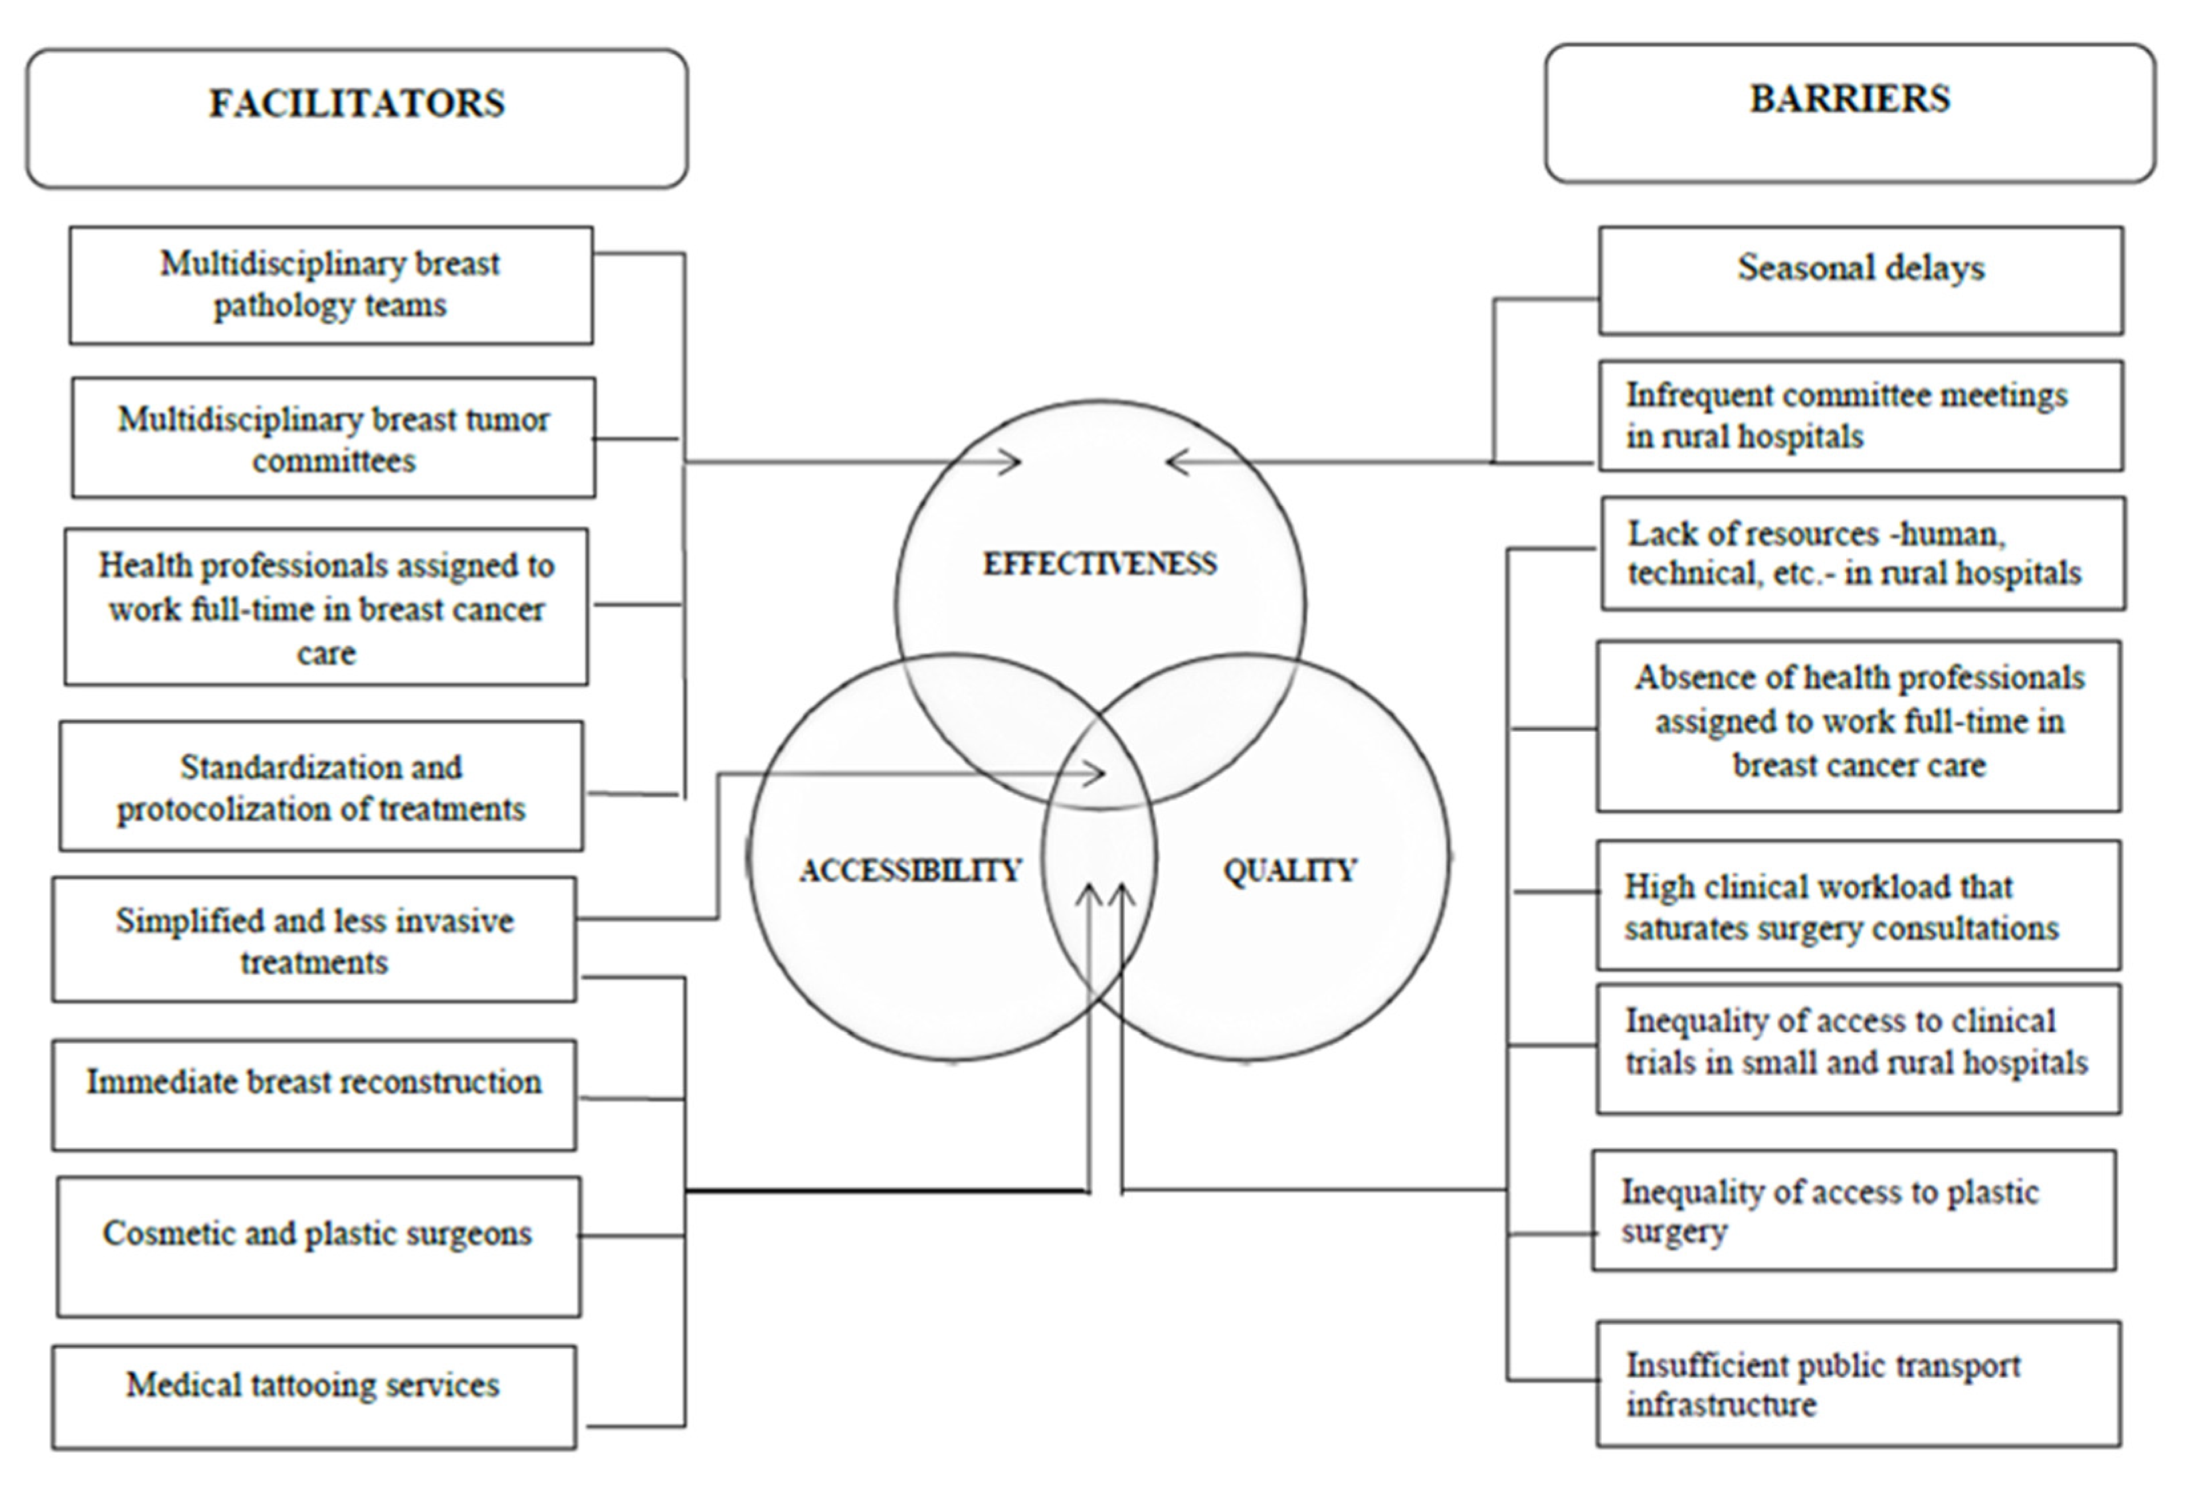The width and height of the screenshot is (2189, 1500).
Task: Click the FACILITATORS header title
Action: [x=356, y=104]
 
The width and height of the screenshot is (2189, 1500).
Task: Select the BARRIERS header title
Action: [x=1849, y=100]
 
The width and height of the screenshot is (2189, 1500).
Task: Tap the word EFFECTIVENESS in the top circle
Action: [x=1099, y=564]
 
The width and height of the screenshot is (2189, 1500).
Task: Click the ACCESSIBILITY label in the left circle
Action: [x=910, y=870]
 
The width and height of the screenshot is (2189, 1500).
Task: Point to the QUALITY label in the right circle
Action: [x=1289, y=870]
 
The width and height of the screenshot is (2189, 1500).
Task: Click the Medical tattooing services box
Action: [x=314, y=1396]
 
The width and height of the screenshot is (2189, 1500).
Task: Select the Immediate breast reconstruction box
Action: [x=314, y=1094]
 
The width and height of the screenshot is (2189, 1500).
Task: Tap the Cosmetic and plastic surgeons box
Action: [x=318, y=1245]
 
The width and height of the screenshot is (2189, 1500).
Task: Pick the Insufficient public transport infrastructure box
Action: [x=1857, y=1383]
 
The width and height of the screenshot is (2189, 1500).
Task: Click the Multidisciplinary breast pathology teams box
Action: [x=331, y=284]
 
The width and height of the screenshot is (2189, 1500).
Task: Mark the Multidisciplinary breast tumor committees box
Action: [x=333, y=438]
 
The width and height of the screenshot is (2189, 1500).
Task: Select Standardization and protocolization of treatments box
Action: [x=321, y=786]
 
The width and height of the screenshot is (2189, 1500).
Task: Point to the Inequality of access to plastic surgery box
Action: [x=1853, y=1210]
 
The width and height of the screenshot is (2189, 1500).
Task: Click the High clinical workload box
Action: [x=1857, y=906]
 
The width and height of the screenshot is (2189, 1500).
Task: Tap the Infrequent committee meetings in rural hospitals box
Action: [x=1860, y=415]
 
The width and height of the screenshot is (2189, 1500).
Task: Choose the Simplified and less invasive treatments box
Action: [x=314, y=940]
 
